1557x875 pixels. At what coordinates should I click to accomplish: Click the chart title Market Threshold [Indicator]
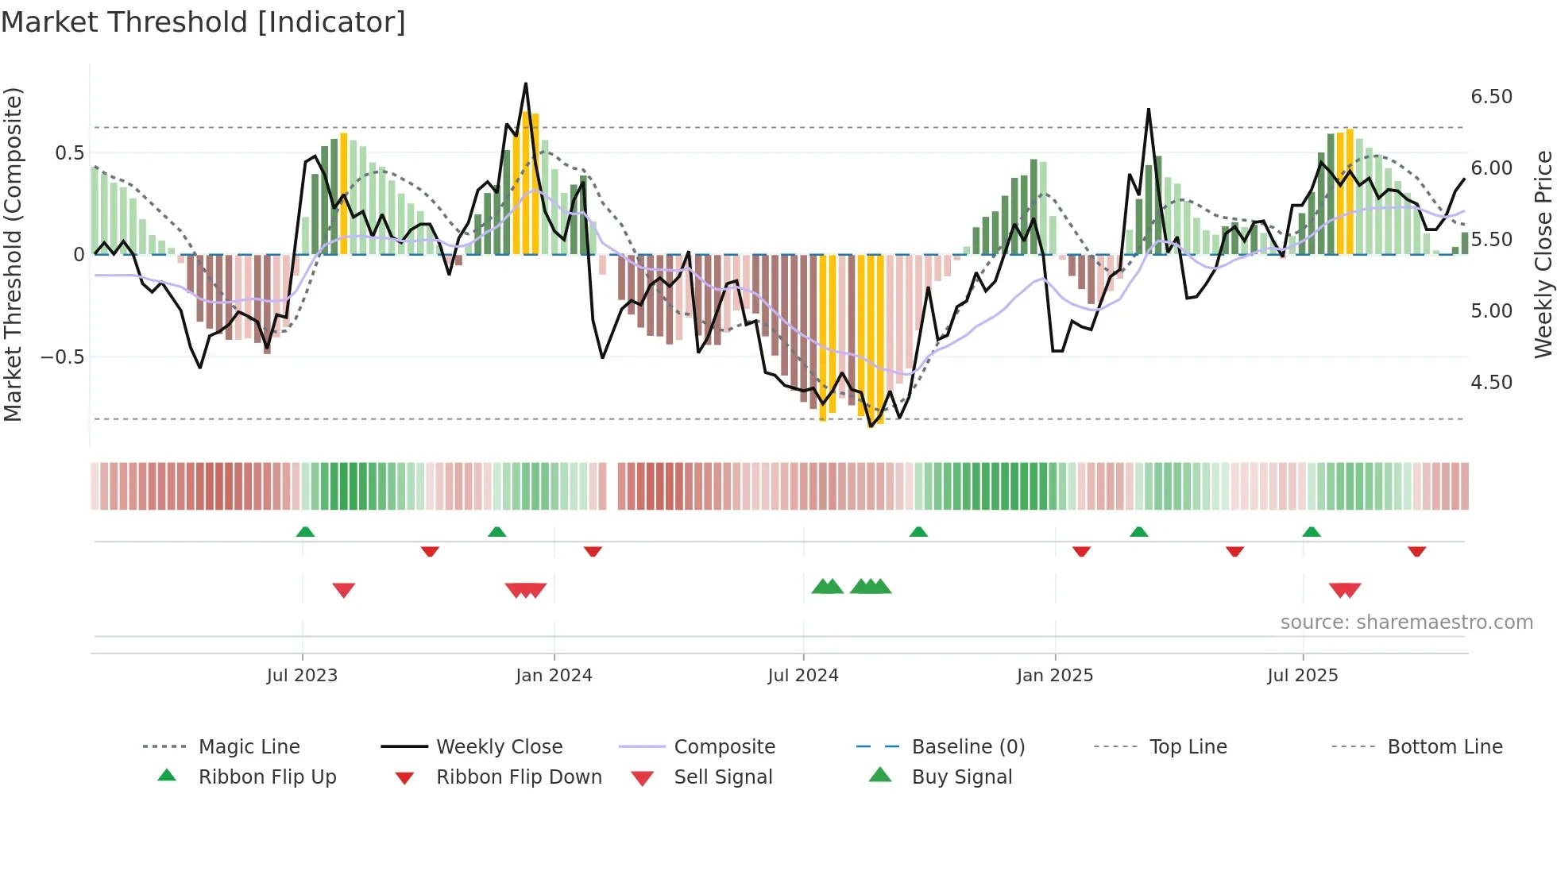coord(203,22)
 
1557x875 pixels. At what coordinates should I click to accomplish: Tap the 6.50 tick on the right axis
coord(1491,97)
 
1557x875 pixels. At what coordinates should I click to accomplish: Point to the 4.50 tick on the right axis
coord(1491,383)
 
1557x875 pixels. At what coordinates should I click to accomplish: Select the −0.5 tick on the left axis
coord(63,357)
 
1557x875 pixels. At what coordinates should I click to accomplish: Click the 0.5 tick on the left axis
coord(69,153)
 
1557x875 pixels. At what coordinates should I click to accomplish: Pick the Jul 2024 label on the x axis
coord(802,676)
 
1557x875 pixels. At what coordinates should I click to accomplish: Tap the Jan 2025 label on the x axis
coord(1054,676)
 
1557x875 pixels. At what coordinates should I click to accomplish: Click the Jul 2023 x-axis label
coord(302,676)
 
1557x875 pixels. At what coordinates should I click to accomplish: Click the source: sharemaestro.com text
coord(1406,623)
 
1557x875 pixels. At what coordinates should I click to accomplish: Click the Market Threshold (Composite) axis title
coord(13,254)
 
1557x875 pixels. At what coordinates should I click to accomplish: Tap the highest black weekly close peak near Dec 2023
coord(525,83)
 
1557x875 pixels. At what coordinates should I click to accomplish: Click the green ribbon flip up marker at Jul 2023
coord(305,532)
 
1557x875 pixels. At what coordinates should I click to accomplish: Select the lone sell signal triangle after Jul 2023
coord(343,590)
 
